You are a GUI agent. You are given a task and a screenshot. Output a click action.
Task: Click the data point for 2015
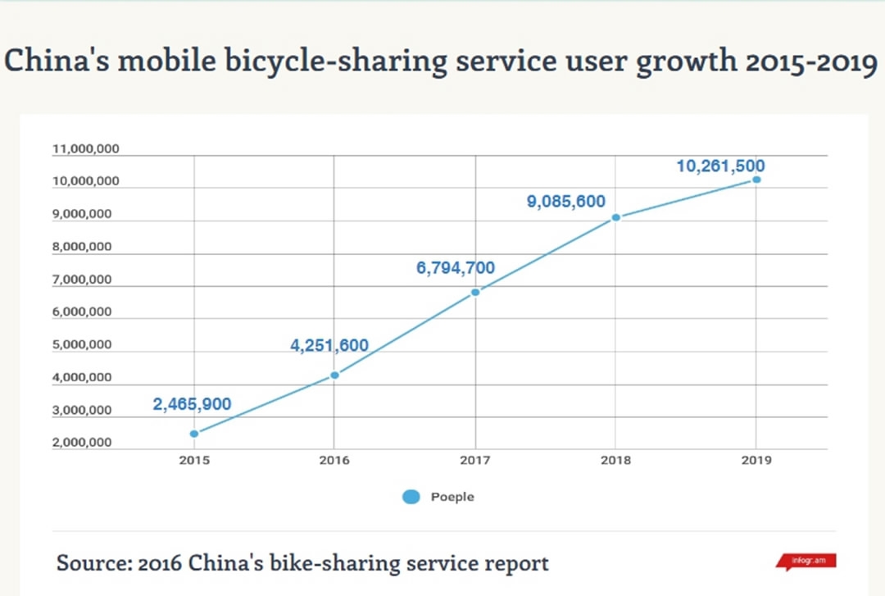pyautogui.click(x=194, y=434)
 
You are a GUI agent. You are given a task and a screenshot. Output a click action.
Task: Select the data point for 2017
pyautogui.click(x=475, y=292)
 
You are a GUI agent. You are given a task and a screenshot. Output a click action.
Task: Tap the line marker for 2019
pyautogui.click(x=756, y=179)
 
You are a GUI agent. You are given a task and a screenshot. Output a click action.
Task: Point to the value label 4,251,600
pyautogui.click(x=329, y=346)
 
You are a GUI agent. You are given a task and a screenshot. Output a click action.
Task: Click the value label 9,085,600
pyautogui.click(x=565, y=202)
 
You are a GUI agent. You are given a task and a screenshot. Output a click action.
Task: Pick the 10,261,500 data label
pyautogui.click(x=720, y=166)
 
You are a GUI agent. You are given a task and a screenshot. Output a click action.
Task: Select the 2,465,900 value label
pyautogui.click(x=192, y=404)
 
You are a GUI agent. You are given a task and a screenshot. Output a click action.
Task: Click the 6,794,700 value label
pyautogui.click(x=456, y=268)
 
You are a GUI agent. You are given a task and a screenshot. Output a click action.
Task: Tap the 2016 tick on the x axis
pyautogui.click(x=334, y=460)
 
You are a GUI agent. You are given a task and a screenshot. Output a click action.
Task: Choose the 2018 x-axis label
pyautogui.click(x=615, y=460)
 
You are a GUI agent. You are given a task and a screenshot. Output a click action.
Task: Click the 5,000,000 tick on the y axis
pyautogui.click(x=82, y=345)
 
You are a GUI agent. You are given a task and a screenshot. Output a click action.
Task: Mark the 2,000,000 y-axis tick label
pyautogui.click(x=82, y=443)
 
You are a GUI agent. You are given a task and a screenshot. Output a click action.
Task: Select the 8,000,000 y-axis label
pyautogui.click(x=82, y=247)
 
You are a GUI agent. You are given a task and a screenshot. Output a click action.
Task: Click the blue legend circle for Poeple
pyautogui.click(x=411, y=497)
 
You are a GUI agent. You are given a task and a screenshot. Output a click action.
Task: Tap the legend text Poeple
pyautogui.click(x=452, y=497)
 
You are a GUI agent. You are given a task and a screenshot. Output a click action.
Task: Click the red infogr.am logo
pyautogui.click(x=806, y=562)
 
